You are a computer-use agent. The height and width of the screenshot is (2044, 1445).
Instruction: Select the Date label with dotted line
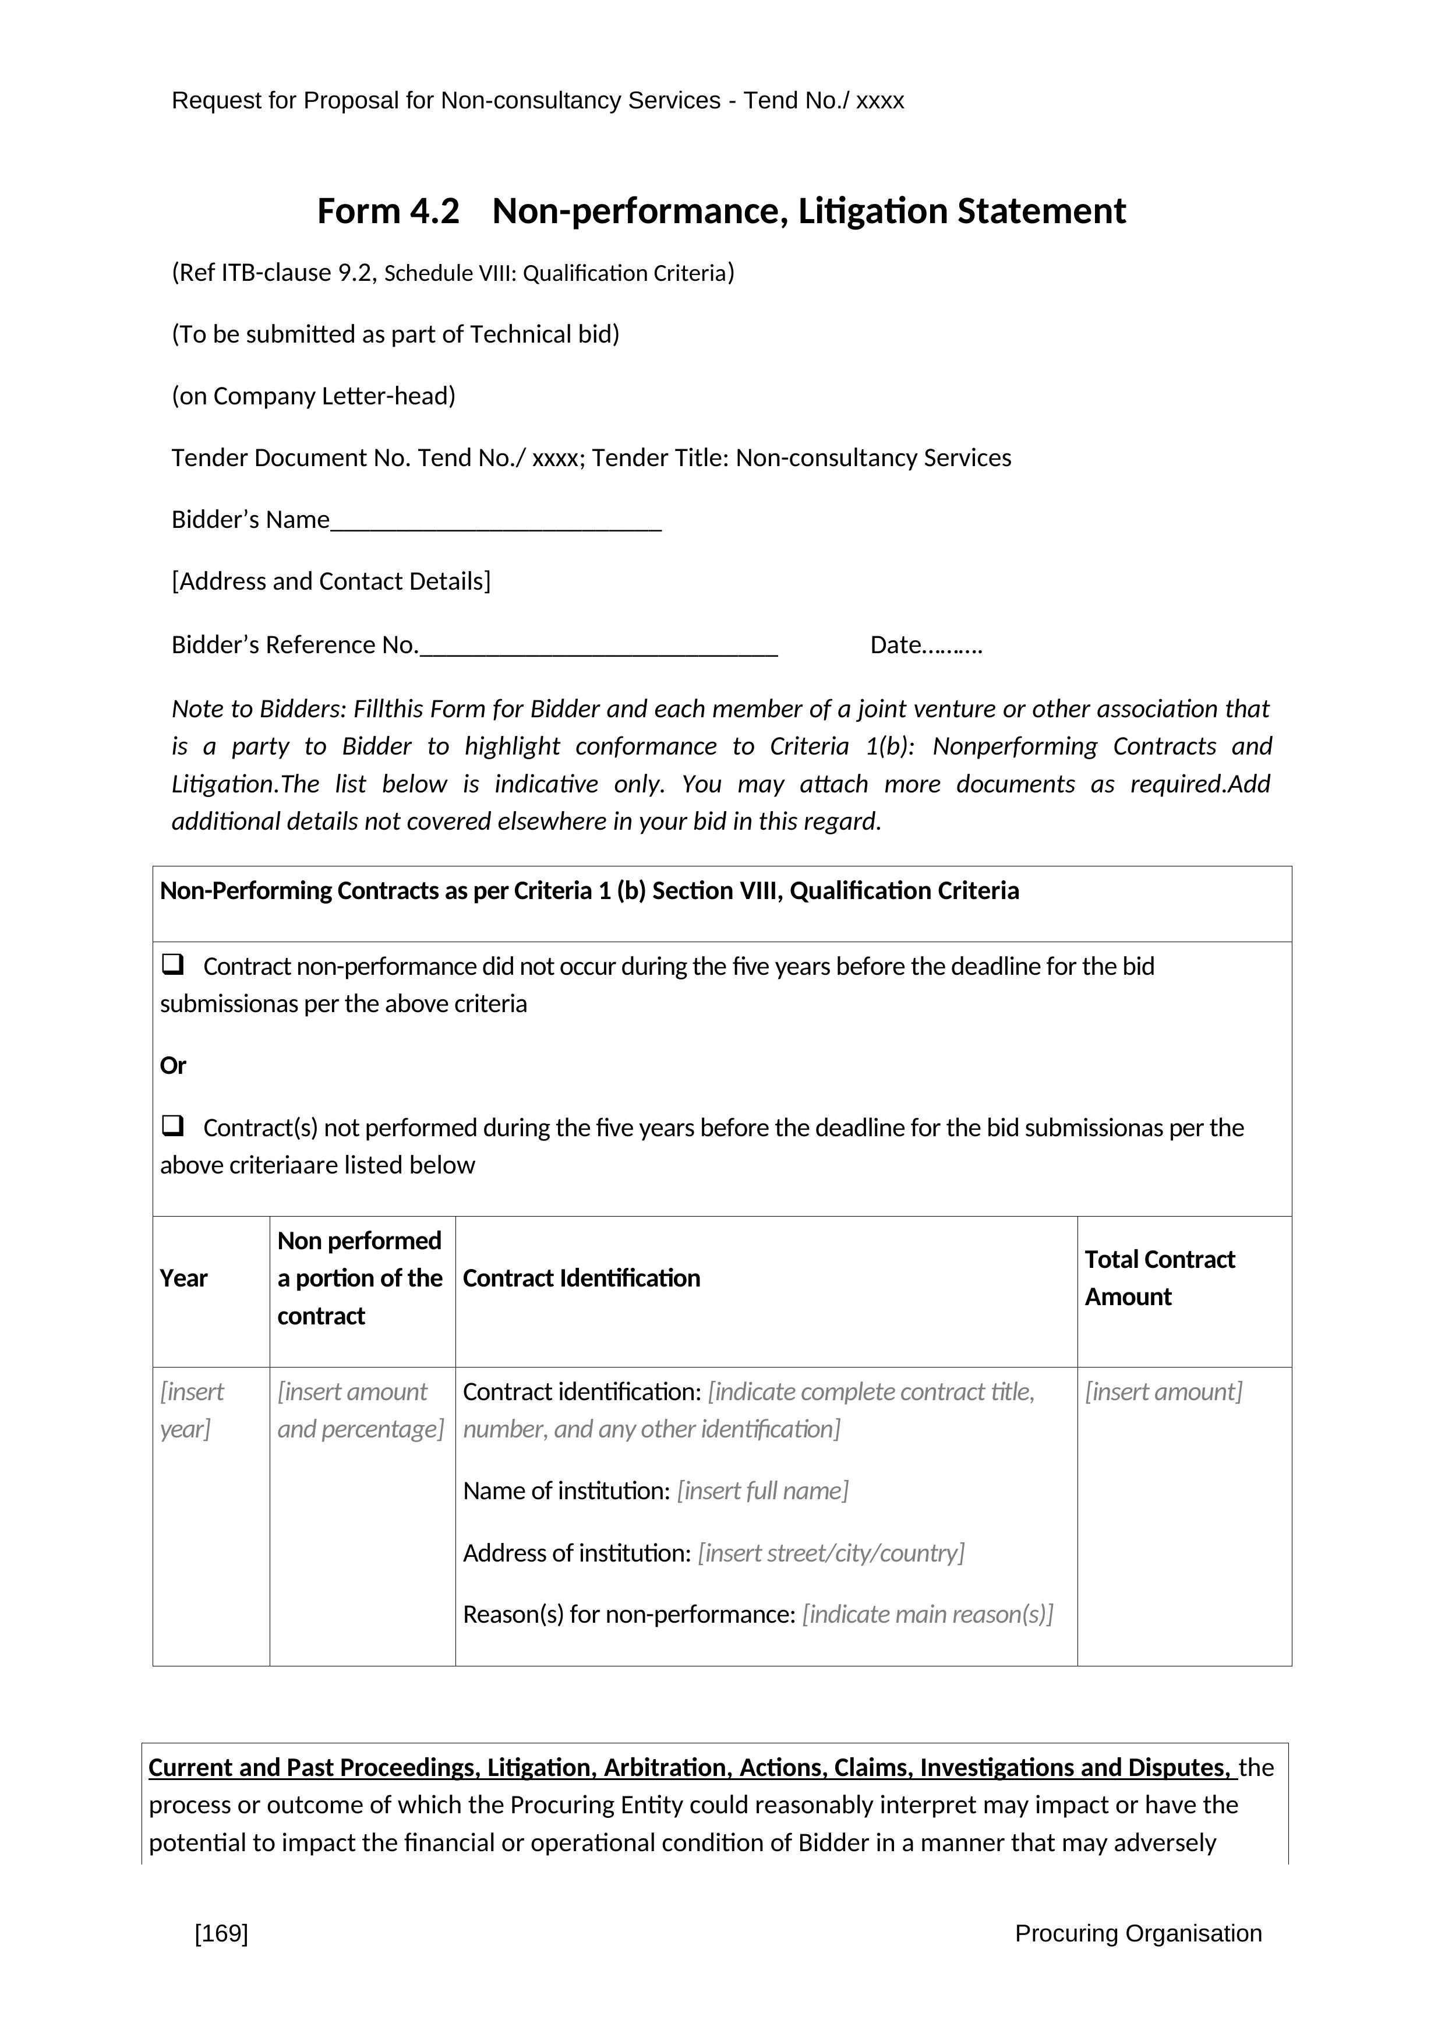(x=925, y=646)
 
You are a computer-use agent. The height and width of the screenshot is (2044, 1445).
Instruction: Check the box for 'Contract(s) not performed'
(x=172, y=1126)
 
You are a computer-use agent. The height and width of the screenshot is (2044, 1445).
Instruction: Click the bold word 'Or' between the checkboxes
(x=172, y=1066)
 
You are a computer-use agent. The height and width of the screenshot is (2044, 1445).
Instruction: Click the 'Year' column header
(x=183, y=1278)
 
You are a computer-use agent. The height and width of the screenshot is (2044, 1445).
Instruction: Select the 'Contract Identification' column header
(x=581, y=1278)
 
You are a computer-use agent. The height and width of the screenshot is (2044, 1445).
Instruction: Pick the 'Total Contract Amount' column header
(x=1160, y=1278)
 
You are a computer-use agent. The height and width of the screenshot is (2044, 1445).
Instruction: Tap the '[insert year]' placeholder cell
(x=191, y=1410)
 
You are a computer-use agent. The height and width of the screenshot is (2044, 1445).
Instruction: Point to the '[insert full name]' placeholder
(x=762, y=1491)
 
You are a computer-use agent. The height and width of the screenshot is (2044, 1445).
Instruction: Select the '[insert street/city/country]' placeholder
(x=831, y=1553)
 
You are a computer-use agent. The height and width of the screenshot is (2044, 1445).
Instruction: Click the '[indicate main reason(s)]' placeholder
(x=927, y=1615)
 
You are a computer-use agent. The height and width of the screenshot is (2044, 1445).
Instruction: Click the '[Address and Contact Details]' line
(x=331, y=582)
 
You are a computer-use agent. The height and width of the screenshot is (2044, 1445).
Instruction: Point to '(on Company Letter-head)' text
(x=313, y=396)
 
